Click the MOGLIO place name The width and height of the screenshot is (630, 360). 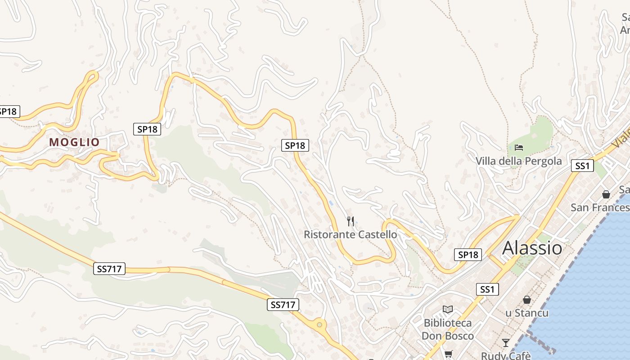74,142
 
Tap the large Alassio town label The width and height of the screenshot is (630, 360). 532,248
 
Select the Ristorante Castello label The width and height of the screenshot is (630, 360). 350,234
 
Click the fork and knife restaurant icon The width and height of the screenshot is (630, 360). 351,221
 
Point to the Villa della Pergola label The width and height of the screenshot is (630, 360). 518,161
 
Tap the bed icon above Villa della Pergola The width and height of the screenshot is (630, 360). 518,147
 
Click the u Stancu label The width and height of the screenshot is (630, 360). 526,313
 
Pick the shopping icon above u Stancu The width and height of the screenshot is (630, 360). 526,300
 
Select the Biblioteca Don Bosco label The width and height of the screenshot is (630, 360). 447,329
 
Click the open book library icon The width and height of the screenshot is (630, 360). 447,309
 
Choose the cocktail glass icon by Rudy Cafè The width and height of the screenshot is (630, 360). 505,343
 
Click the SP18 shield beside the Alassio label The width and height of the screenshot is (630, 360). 468,255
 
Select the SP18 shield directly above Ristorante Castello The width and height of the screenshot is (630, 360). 295,145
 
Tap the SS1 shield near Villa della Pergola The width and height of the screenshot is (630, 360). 582,166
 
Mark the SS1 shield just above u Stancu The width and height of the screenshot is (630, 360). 487,289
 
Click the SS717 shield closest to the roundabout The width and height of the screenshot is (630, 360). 283,305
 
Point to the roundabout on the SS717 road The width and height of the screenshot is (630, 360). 319,324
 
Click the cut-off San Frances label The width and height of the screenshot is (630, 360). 600,207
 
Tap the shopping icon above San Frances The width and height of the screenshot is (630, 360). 606,194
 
